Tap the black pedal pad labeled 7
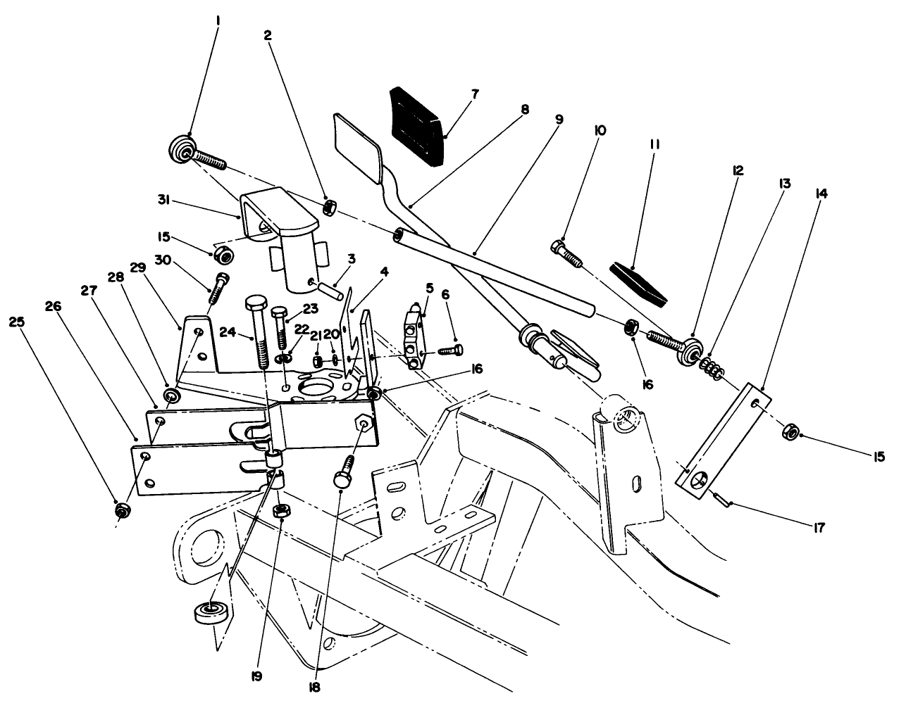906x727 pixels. (x=418, y=126)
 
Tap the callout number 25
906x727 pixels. (x=17, y=321)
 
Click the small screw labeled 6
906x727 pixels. (x=449, y=350)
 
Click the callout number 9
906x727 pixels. (x=559, y=120)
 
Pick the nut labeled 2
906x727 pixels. (x=328, y=208)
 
